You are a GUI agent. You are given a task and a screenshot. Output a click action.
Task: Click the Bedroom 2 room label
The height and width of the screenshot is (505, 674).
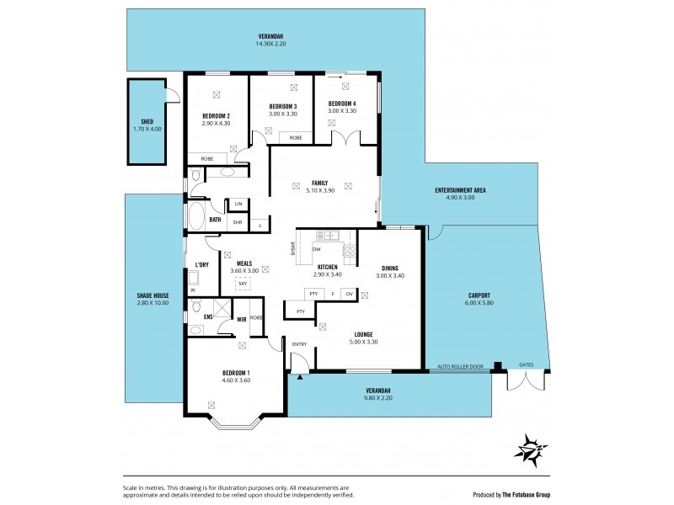point(216,116)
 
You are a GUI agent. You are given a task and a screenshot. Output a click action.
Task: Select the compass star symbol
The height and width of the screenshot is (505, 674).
point(531,447)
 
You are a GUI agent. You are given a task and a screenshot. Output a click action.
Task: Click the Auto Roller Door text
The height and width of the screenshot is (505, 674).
point(460,367)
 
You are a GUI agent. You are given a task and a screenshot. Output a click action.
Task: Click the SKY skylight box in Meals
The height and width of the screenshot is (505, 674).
point(243,284)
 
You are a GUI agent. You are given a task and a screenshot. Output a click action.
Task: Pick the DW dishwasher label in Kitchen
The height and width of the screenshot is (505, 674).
point(316,249)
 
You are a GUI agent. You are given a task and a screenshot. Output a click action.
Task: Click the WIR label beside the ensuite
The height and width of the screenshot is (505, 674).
point(241,319)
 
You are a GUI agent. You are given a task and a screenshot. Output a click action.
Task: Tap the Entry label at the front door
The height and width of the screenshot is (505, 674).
point(299,344)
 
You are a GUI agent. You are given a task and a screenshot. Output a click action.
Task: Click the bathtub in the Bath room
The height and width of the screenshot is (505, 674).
point(196,216)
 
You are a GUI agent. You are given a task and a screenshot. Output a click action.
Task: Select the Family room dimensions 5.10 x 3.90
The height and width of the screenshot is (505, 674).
point(319,191)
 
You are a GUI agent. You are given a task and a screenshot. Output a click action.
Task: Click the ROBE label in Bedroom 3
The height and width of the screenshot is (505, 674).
point(296,137)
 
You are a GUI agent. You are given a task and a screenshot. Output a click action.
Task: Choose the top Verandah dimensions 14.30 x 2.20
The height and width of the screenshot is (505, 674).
point(270,44)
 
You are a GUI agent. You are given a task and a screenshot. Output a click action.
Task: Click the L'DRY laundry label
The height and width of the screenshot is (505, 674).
point(201,265)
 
